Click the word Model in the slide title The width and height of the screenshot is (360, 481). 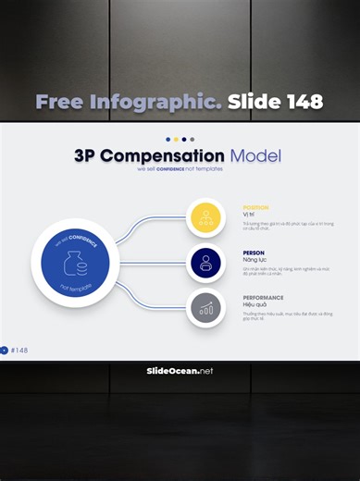[x=255, y=156]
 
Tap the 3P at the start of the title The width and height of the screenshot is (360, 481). [x=85, y=156]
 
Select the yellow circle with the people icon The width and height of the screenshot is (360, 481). [x=205, y=218]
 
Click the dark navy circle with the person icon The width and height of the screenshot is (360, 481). [x=205, y=263]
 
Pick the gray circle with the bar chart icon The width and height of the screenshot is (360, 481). [x=205, y=308]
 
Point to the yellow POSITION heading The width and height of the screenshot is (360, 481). [x=255, y=207]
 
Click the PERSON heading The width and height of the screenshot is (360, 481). [x=254, y=253]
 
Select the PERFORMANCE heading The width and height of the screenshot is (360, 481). [x=263, y=298]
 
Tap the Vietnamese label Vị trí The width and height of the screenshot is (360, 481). [x=250, y=215]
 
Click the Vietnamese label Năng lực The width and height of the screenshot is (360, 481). [x=254, y=260]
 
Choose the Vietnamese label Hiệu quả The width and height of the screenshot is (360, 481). [x=255, y=305]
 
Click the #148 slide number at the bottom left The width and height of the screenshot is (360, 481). [x=20, y=351]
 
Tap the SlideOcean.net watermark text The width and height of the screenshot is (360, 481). [x=180, y=371]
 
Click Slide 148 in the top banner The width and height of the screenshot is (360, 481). [x=275, y=102]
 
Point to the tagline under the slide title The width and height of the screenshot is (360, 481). [x=180, y=169]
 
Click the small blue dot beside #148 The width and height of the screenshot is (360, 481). [x=5, y=351]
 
